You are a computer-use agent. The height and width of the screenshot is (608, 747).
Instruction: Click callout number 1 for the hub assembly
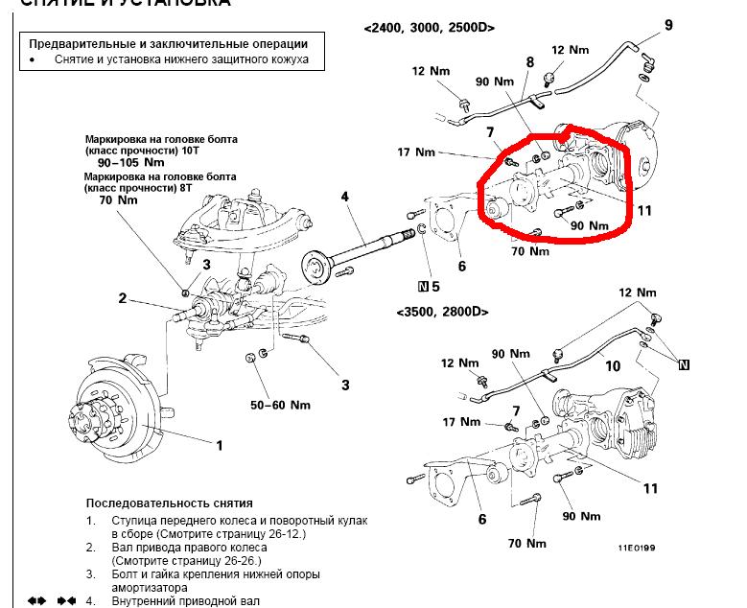point(220,445)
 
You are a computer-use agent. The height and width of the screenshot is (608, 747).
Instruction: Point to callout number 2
point(123,298)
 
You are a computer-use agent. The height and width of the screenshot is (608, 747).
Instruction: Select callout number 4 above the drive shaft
point(345,199)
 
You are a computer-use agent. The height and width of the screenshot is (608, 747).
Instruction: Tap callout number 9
point(668,24)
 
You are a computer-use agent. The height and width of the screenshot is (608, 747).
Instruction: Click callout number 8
point(528,62)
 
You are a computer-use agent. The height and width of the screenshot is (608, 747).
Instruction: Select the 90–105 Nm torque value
point(125,163)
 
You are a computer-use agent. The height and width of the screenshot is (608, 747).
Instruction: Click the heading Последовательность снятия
point(169,503)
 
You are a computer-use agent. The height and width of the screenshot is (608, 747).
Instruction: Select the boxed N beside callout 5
point(423,286)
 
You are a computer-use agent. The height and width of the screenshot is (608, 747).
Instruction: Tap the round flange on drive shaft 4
point(315,265)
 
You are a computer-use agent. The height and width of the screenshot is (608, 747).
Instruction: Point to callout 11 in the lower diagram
point(650,489)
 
